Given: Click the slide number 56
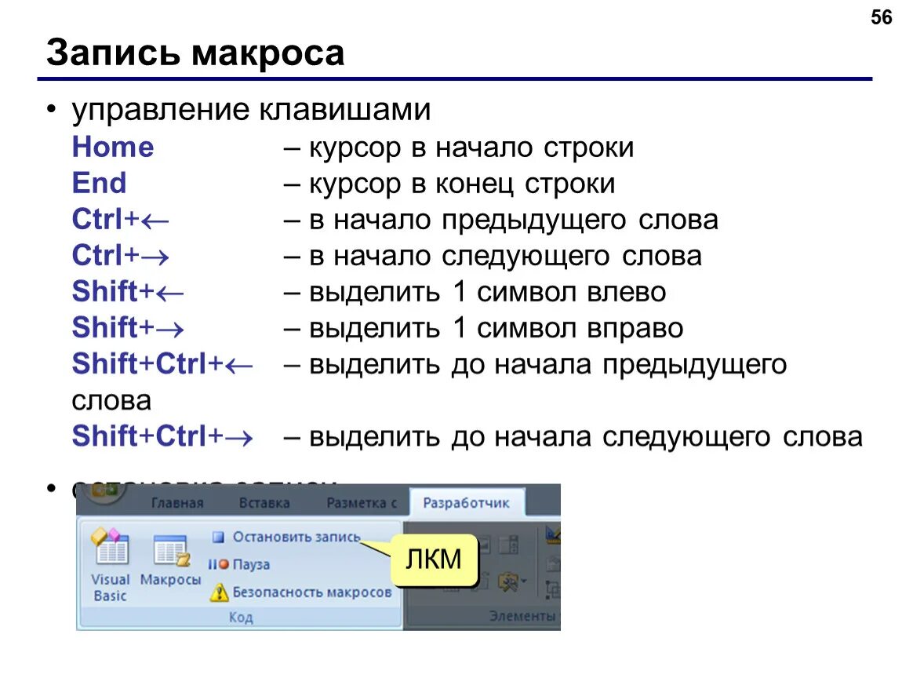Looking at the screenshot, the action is pyautogui.click(x=882, y=17).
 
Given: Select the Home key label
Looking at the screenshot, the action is pyautogui.click(x=113, y=148).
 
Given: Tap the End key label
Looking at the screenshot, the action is pyautogui.click(x=99, y=184).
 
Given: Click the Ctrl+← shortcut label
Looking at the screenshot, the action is pyautogui.click(x=121, y=220).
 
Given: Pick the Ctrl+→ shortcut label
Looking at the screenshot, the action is pyautogui.click(x=121, y=256).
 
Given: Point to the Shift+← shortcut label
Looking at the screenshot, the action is pyautogui.click(x=128, y=292).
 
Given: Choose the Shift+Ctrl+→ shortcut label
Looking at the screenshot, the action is pyautogui.click(x=162, y=436).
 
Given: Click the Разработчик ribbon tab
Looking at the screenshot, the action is pyautogui.click(x=466, y=503).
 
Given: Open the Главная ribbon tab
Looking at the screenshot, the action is pyautogui.click(x=177, y=503).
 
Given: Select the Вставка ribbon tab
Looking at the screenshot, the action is pyautogui.click(x=264, y=503).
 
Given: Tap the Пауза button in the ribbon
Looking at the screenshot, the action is pyautogui.click(x=250, y=564).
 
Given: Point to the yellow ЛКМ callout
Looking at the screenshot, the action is pyautogui.click(x=434, y=560).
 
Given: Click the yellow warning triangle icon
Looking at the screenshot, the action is pyautogui.click(x=220, y=592).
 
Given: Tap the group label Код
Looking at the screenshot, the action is pyautogui.click(x=241, y=618).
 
